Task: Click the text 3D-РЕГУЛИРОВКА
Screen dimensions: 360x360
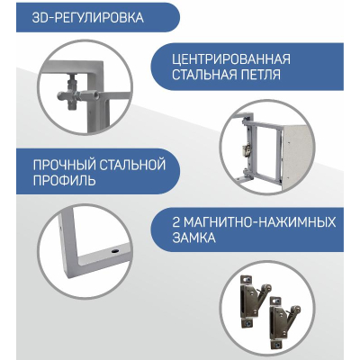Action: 87,17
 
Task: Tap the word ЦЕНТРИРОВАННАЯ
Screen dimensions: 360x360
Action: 231,58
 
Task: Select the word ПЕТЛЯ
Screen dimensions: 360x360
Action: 261,75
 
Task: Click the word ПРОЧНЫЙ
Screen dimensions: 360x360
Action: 64,165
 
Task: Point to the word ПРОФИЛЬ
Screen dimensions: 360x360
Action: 65,181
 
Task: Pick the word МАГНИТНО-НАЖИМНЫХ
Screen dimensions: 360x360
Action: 259,222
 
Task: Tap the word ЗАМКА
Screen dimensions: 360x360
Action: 193,238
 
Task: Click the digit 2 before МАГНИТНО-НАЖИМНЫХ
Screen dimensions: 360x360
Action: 176,222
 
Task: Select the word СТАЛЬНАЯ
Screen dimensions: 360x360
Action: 204,75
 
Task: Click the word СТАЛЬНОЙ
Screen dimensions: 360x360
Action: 132,165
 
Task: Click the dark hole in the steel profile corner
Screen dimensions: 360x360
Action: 114,250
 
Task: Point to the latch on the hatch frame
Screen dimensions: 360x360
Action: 246,148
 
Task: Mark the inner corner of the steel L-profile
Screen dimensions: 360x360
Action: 77,256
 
